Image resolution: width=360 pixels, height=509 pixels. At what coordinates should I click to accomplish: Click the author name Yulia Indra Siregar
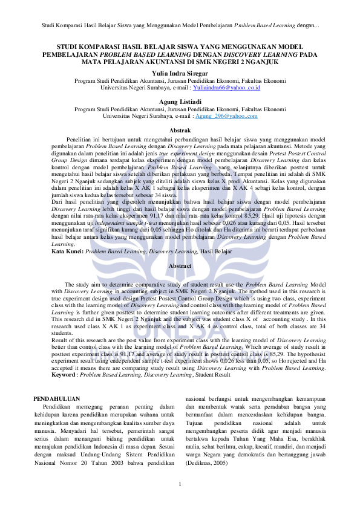[180, 73]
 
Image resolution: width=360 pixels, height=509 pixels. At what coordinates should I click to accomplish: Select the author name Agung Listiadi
[180, 101]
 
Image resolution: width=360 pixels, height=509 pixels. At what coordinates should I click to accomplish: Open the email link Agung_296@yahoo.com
[226, 115]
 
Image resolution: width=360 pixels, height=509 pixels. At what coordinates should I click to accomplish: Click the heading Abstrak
[180, 131]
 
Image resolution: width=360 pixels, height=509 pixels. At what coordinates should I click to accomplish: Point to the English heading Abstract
[180, 266]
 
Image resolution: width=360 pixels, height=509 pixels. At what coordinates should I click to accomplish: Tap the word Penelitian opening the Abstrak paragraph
[83, 138]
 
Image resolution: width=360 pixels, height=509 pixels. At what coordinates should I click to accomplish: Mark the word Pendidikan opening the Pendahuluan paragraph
[62, 407]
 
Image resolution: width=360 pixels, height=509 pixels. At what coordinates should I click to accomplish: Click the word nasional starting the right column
[197, 399]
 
